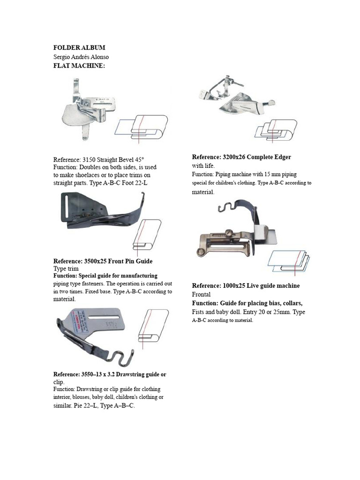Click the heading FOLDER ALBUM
click(x=79, y=48)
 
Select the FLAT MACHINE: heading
click(x=79, y=66)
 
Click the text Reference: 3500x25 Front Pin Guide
click(x=103, y=261)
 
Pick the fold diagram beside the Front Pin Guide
click(x=147, y=235)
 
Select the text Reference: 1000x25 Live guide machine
click(x=246, y=286)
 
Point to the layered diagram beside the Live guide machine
click(x=289, y=261)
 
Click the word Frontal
click(x=202, y=294)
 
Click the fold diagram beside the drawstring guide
click(x=153, y=325)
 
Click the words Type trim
click(x=66, y=269)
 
